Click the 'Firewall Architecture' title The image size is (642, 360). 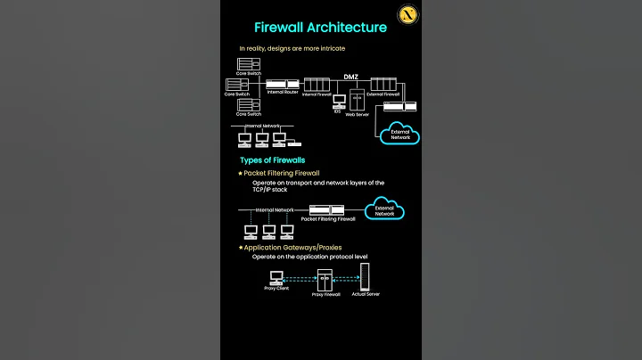tap(320, 27)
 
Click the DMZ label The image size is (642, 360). tap(351, 77)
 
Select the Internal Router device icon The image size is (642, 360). tap(282, 86)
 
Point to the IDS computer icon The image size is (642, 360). tap(339, 102)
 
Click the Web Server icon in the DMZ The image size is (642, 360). tap(357, 99)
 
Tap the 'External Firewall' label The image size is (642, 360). tap(382, 94)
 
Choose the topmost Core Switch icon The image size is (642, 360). tap(247, 64)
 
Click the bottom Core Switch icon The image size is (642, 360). tap(247, 105)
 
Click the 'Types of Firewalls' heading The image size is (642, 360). tap(272, 160)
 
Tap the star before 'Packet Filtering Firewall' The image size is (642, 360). tap(240, 173)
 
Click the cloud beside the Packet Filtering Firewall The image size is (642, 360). tap(384, 211)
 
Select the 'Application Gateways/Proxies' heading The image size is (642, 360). tap(292, 247)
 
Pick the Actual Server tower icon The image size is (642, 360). tap(365, 278)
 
